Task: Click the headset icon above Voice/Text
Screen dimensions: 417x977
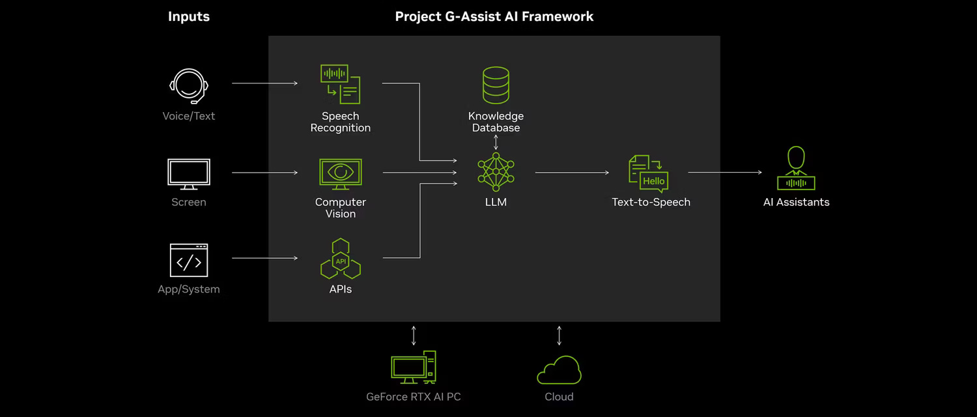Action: [189, 87]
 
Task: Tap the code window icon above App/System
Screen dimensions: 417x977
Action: [189, 261]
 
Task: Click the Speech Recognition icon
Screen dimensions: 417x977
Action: [341, 84]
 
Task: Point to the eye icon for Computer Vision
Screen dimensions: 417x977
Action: [340, 173]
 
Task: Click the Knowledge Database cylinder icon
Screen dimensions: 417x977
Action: [496, 85]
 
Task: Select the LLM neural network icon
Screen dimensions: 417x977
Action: [496, 171]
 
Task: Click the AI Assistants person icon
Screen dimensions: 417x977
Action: [796, 169]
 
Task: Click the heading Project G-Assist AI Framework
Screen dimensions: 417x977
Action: [494, 16]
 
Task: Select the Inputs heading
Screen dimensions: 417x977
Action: [189, 16]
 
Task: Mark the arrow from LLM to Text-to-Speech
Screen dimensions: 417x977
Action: [572, 173]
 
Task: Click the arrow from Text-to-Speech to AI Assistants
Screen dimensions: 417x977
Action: [724, 173]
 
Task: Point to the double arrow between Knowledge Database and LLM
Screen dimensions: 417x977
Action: [496, 142]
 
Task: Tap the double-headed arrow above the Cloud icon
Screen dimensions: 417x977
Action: [559, 336]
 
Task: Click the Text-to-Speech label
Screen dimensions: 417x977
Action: [651, 202]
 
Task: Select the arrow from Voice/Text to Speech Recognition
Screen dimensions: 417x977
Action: [264, 83]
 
